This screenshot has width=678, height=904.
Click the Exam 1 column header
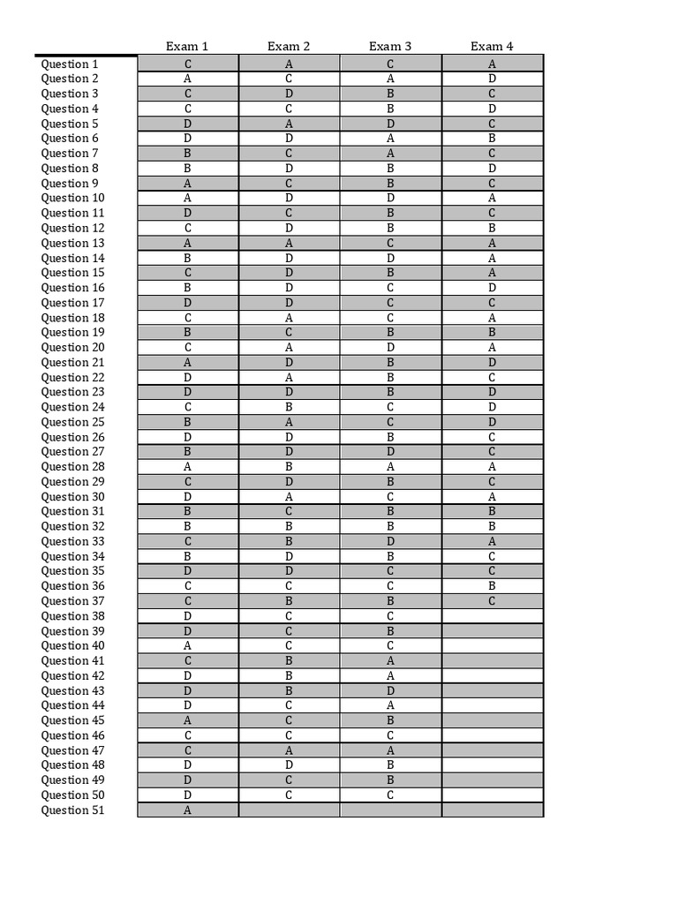point(187,46)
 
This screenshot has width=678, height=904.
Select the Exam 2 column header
point(289,46)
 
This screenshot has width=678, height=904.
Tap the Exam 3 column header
point(390,46)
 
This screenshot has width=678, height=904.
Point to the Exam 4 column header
point(492,46)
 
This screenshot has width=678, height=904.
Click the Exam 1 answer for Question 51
point(188,810)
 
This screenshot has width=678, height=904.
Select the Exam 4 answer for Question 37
point(492,601)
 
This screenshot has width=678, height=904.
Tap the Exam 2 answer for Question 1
point(289,64)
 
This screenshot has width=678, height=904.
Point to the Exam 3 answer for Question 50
point(390,795)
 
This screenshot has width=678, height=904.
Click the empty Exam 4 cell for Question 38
point(492,616)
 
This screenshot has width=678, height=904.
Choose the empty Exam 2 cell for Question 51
point(289,810)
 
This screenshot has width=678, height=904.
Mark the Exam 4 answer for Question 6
point(492,139)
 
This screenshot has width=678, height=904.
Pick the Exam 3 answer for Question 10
point(390,198)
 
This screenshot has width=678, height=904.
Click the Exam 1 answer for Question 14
point(188,258)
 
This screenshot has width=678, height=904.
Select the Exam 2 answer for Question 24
point(289,407)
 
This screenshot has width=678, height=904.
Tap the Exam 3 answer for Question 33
point(390,541)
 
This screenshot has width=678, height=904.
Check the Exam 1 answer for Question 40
point(188,645)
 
